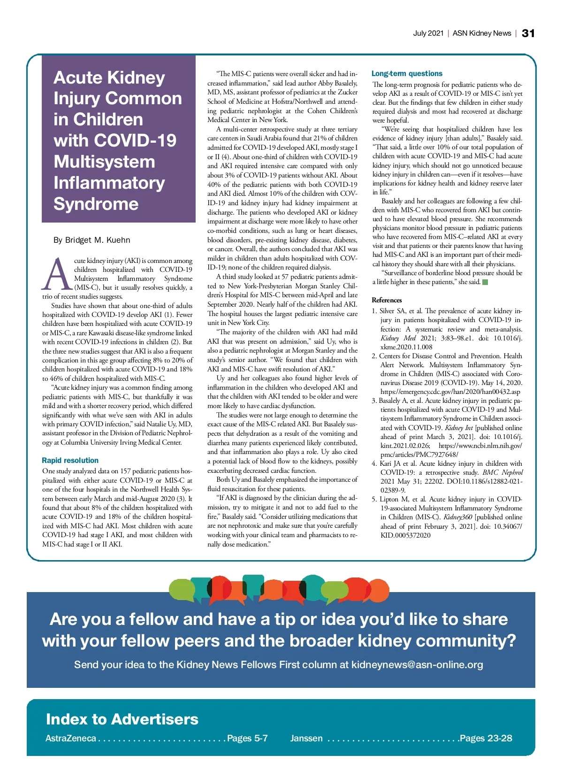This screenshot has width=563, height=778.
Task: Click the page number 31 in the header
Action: click(x=528, y=33)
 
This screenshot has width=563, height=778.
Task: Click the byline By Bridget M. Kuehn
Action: click(x=91, y=240)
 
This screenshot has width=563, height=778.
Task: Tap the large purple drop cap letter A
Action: click(x=57, y=274)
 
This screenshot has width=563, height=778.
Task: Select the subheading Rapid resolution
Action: click(x=70, y=460)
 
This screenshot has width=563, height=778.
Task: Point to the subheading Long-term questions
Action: click(x=407, y=73)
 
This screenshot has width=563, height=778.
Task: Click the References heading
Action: click(x=387, y=300)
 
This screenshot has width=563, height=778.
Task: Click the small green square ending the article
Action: click(x=486, y=282)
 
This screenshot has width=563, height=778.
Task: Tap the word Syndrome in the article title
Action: click(x=96, y=204)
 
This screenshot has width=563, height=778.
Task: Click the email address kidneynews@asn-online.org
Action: click(x=417, y=664)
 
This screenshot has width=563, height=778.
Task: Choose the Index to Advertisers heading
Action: click(x=122, y=719)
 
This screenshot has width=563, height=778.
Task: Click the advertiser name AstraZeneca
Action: click(x=71, y=738)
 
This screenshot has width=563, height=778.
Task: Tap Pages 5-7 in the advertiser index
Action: click(x=247, y=738)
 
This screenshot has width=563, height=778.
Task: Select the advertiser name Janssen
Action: click(x=306, y=738)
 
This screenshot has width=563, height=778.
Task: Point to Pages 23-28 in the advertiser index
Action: click(x=486, y=738)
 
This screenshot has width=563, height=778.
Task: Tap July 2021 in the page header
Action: click(x=428, y=33)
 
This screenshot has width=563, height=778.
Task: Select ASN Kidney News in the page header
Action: click(x=481, y=33)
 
